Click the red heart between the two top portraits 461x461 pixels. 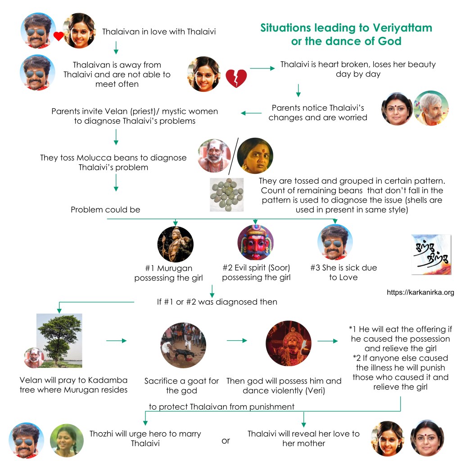pyautogui.click(x=59, y=36)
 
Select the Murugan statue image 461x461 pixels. pyautogui.click(x=175, y=244)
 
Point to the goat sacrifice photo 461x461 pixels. pyautogui.click(x=183, y=345)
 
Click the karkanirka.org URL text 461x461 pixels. pyautogui.click(x=420, y=293)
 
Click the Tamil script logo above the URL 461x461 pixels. pyautogui.click(x=431, y=255)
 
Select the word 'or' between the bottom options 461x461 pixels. pyautogui.click(x=226, y=440)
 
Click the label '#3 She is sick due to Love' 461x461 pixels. pyautogui.click(x=343, y=272)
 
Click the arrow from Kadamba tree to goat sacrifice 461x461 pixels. pyautogui.click(x=116, y=341)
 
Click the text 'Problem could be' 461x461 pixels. pyautogui.click(x=105, y=210)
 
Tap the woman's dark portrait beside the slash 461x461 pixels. pyautogui.click(x=255, y=156)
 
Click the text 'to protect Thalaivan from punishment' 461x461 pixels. pyautogui.click(x=221, y=407)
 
